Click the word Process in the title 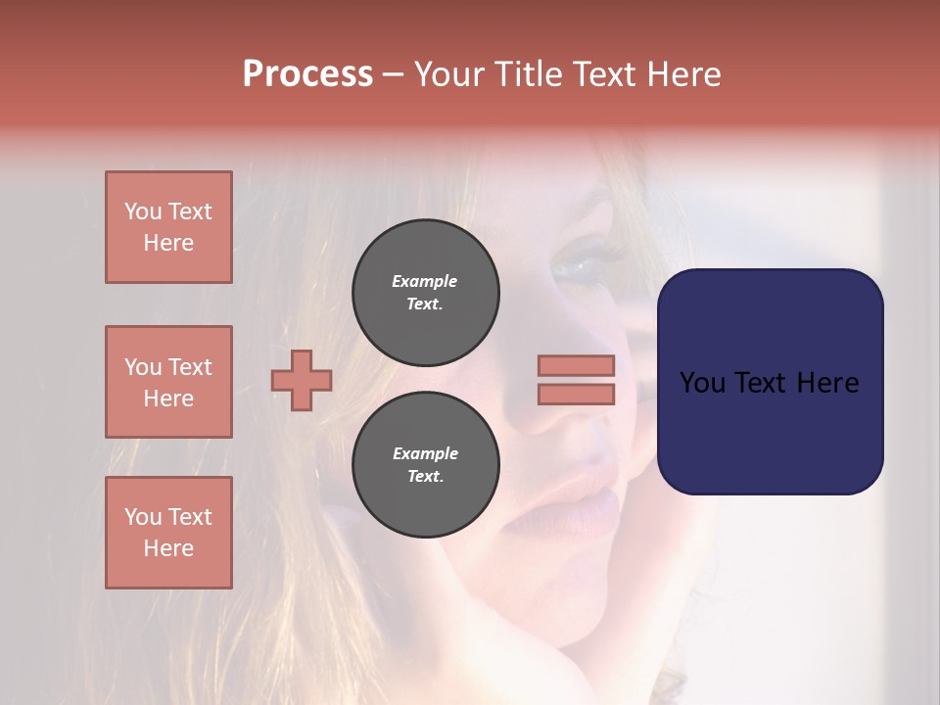coord(307,74)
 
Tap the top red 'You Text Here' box coord(168,227)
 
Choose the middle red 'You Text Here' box coord(168,382)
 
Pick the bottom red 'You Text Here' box coord(168,533)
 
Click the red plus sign coord(302,379)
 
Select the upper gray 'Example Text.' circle coord(426,292)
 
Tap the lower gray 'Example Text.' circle coord(426,464)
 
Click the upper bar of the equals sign coord(577,365)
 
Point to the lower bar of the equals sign coord(577,394)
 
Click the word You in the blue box coord(702,383)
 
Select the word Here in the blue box coord(829,383)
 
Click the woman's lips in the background coord(587,490)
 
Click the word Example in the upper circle coord(424,281)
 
